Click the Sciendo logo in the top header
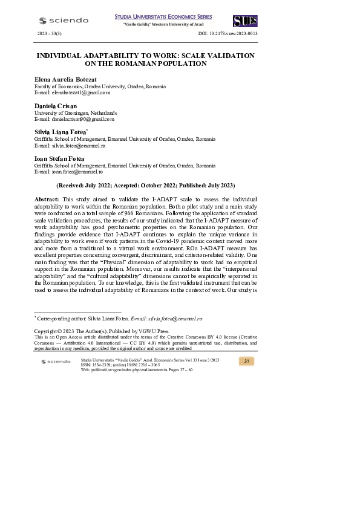(63, 21)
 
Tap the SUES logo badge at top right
(244, 21)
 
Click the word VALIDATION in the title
(227, 55)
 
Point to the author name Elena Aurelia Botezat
(65, 80)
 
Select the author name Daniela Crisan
(56, 106)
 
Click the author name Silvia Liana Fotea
(61, 132)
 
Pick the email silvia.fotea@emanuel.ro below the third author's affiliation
(70, 146)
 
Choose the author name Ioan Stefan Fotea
(59, 158)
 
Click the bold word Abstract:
(47, 199)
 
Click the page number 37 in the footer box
(246, 361)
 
